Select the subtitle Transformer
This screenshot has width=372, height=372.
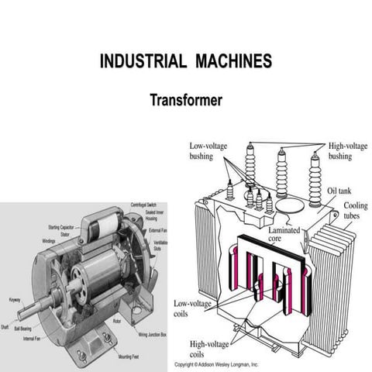click(x=186, y=100)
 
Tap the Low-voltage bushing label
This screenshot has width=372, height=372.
click(x=205, y=150)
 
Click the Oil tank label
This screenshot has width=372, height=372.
click(x=340, y=191)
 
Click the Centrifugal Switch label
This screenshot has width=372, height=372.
click(x=145, y=203)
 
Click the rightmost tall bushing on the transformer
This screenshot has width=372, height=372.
click(x=315, y=180)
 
